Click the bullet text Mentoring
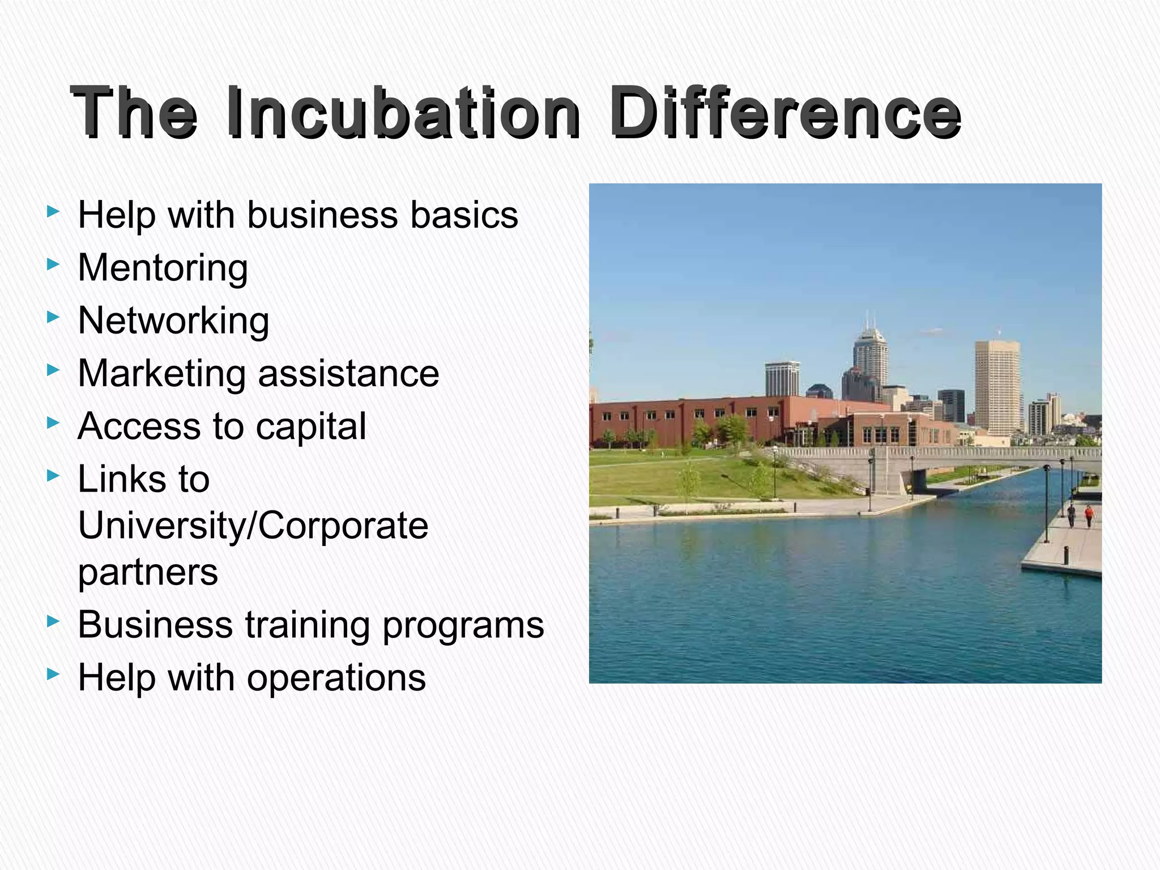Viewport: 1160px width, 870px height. click(x=163, y=268)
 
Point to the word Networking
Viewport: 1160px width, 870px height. click(x=173, y=321)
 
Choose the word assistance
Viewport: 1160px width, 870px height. click(x=348, y=374)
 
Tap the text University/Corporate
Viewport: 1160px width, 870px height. click(x=253, y=526)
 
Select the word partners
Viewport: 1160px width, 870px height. click(x=148, y=572)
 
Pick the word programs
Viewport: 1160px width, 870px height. click(x=463, y=625)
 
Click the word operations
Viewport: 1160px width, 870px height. click(x=336, y=678)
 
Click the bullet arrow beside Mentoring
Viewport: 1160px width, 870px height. click(x=53, y=264)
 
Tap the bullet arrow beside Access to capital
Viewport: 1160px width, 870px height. click(x=53, y=423)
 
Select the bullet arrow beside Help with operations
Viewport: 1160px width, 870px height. click(x=53, y=674)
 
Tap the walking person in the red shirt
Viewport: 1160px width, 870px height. click(x=1089, y=515)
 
